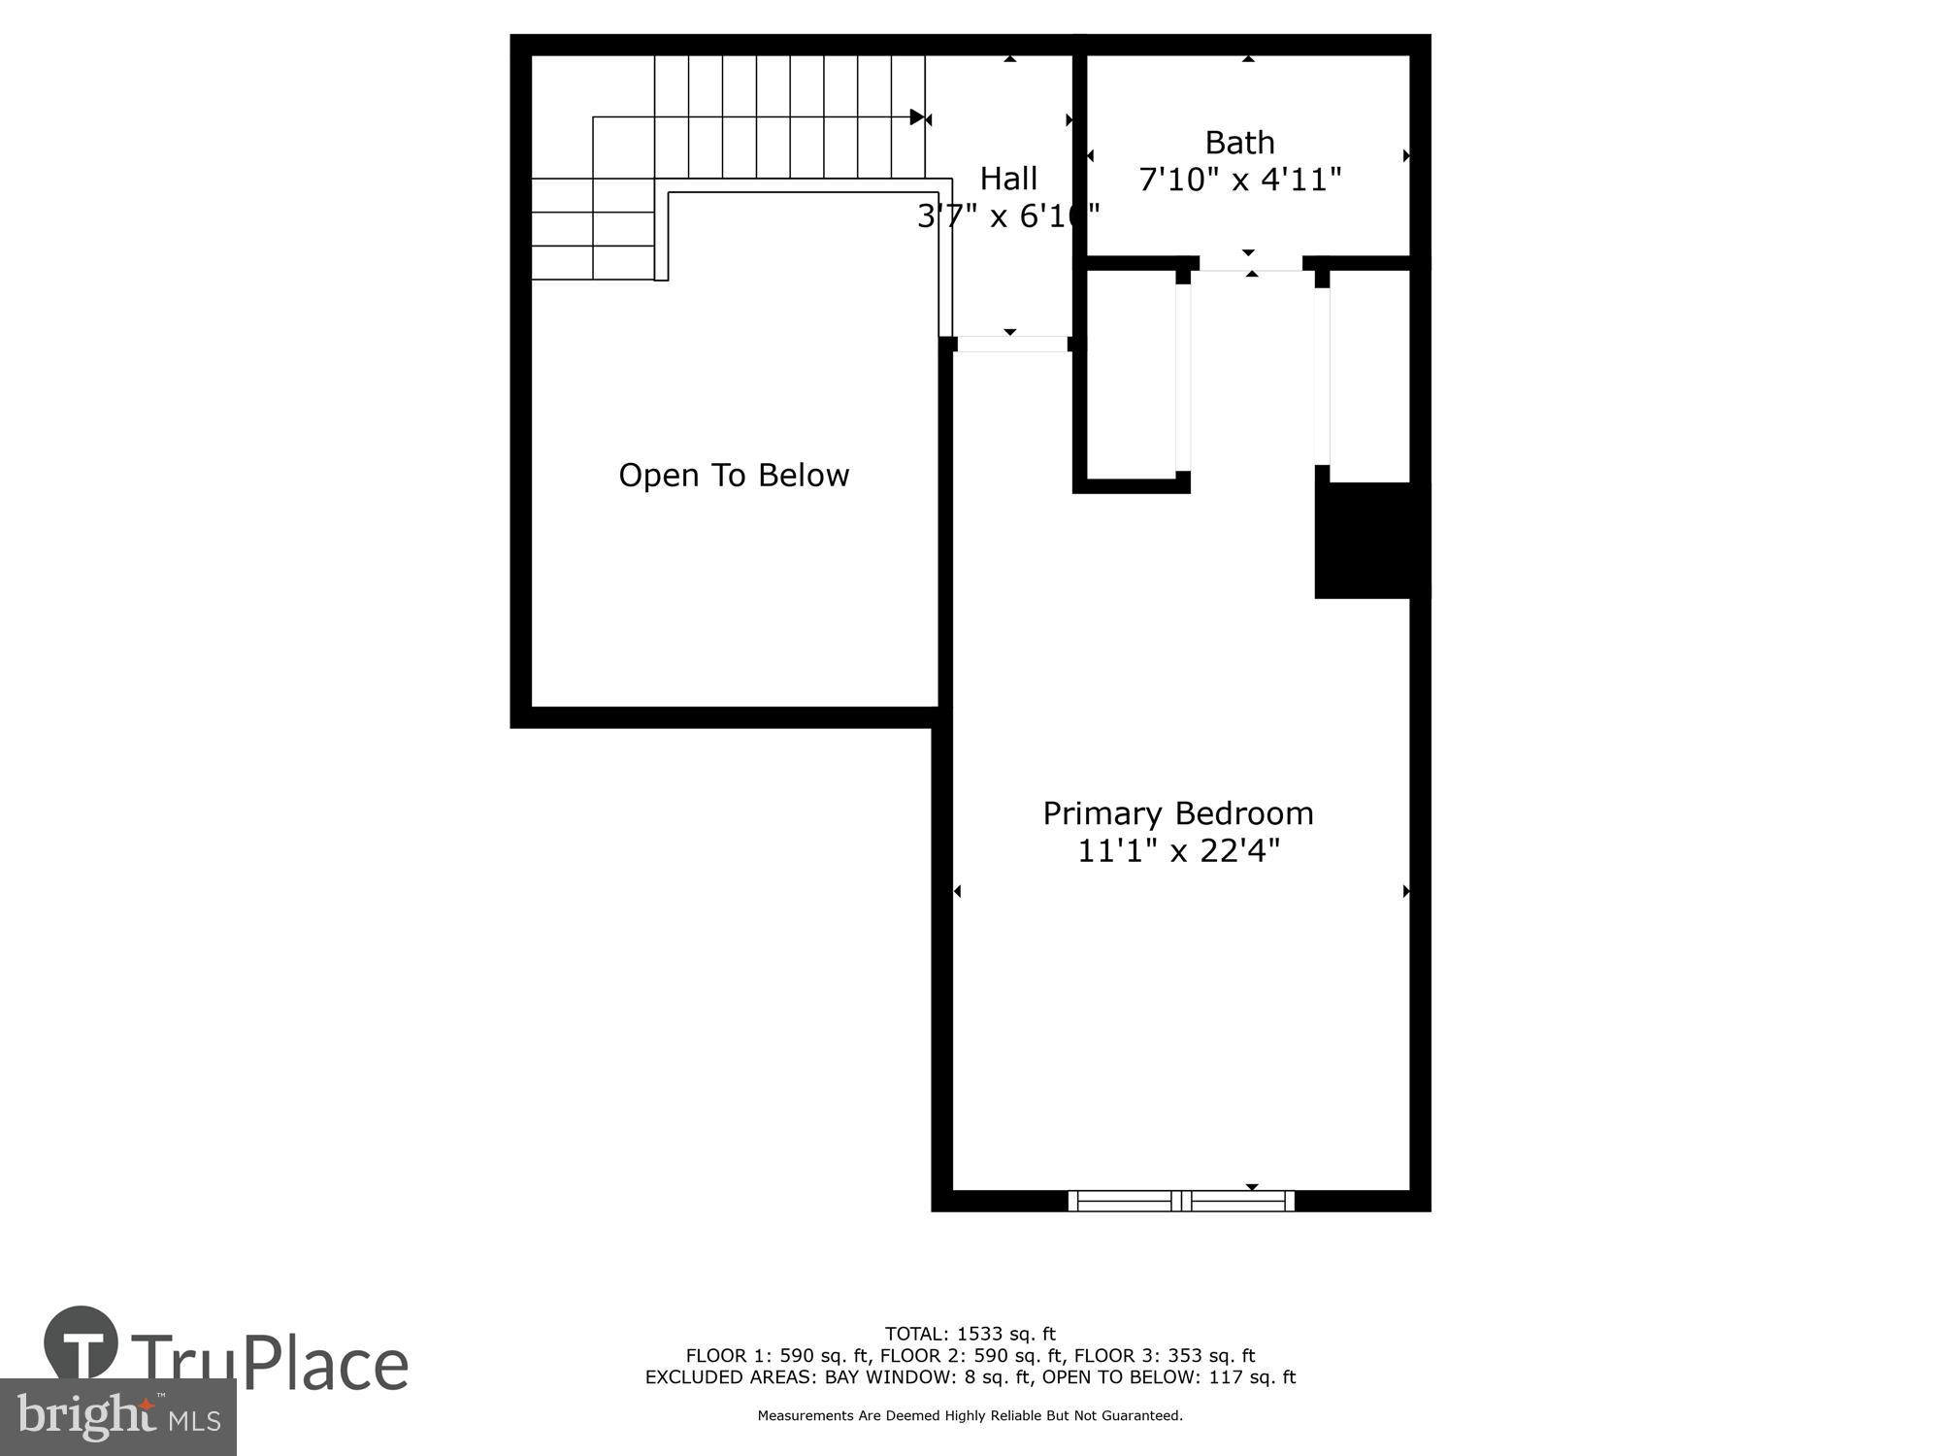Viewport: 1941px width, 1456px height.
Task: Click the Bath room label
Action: (1239, 143)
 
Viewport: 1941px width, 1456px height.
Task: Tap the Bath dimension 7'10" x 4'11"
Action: (1239, 180)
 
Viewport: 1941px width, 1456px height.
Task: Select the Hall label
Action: (1008, 179)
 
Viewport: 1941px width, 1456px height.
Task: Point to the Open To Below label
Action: (734, 476)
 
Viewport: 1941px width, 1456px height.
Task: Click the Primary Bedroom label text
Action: (1177, 813)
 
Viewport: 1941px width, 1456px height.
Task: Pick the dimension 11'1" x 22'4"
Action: (1178, 851)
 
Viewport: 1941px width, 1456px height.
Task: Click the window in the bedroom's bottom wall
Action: (1181, 1201)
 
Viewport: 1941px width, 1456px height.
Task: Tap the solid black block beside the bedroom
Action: (1371, 540)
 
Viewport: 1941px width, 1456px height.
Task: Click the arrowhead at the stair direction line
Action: (917, 117)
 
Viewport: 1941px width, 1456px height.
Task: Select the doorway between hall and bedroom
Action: (1011, 344)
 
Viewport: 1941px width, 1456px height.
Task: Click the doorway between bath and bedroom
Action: (1251, 263)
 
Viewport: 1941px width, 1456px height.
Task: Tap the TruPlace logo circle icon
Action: (82, 1344)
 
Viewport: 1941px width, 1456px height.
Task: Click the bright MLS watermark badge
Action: (117, 1417)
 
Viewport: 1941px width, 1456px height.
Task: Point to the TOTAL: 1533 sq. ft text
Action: (970, 1334)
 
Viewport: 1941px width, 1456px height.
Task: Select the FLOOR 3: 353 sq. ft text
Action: (1165, 1356)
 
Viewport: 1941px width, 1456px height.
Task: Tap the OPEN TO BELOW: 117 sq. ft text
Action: (1168, 1377)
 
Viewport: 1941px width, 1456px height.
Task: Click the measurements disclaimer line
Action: (970, 1416)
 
